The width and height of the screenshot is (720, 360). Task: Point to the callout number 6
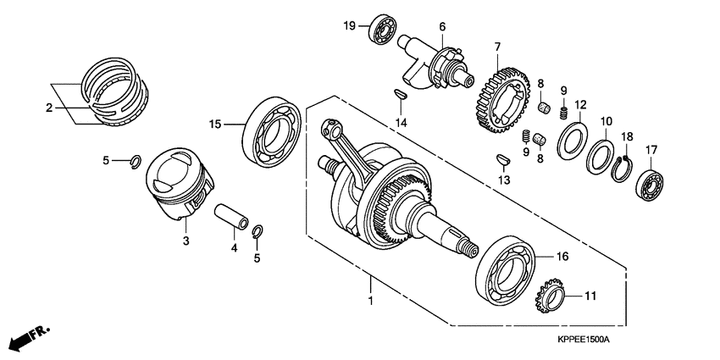tap(441, 28)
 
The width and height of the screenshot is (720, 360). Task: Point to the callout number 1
tap(369, 300)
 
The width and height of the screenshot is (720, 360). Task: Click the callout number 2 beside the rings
tap(48, 108)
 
